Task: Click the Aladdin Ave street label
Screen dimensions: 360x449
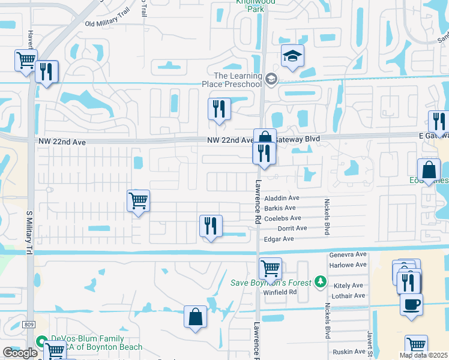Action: pos(282,198)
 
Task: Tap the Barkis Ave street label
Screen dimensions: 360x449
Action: pos(279,208)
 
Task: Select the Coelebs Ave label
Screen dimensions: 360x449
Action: pos(282,218)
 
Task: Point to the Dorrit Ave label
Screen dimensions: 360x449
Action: pos(292,229)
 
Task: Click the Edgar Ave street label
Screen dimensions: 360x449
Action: pos(280,239)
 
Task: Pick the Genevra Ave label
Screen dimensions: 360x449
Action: pos(348,254)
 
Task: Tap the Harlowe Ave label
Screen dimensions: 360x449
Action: pos(348,265)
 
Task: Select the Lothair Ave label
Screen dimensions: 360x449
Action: pos(348,296)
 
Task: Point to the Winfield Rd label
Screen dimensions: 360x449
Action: pos(280,292)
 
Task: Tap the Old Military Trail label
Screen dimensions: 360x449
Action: pos(107,24)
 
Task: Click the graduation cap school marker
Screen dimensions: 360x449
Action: pos(292,56)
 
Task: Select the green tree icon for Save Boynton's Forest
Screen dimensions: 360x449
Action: pos(321,282)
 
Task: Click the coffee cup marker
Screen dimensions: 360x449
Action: pos(411,304)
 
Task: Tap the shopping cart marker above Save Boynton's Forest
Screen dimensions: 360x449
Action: pos(270,268)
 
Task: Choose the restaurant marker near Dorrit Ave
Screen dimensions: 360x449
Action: pos(211,226)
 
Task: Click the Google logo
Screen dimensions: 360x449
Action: pos(20,353)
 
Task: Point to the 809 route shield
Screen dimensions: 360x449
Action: pos(29,325)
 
